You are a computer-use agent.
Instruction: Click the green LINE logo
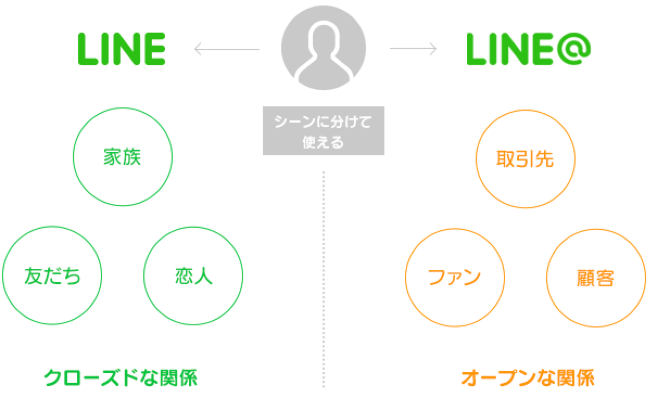click(121, 49)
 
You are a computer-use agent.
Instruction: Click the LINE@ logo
click(528, 49)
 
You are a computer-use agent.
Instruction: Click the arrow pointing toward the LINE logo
click(226, 50)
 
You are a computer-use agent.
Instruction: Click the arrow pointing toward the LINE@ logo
click(413, 49)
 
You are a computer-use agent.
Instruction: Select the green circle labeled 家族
click(122, 157)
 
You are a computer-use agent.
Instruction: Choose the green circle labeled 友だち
click(52, 276)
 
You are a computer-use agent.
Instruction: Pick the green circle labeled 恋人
click(193, 276)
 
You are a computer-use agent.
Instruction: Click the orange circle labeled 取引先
click(525, 158)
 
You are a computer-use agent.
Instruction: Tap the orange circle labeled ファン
click(454, 277)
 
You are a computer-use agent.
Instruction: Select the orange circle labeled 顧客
click(596, 277)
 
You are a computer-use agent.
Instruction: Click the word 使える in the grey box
click(323, 143)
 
